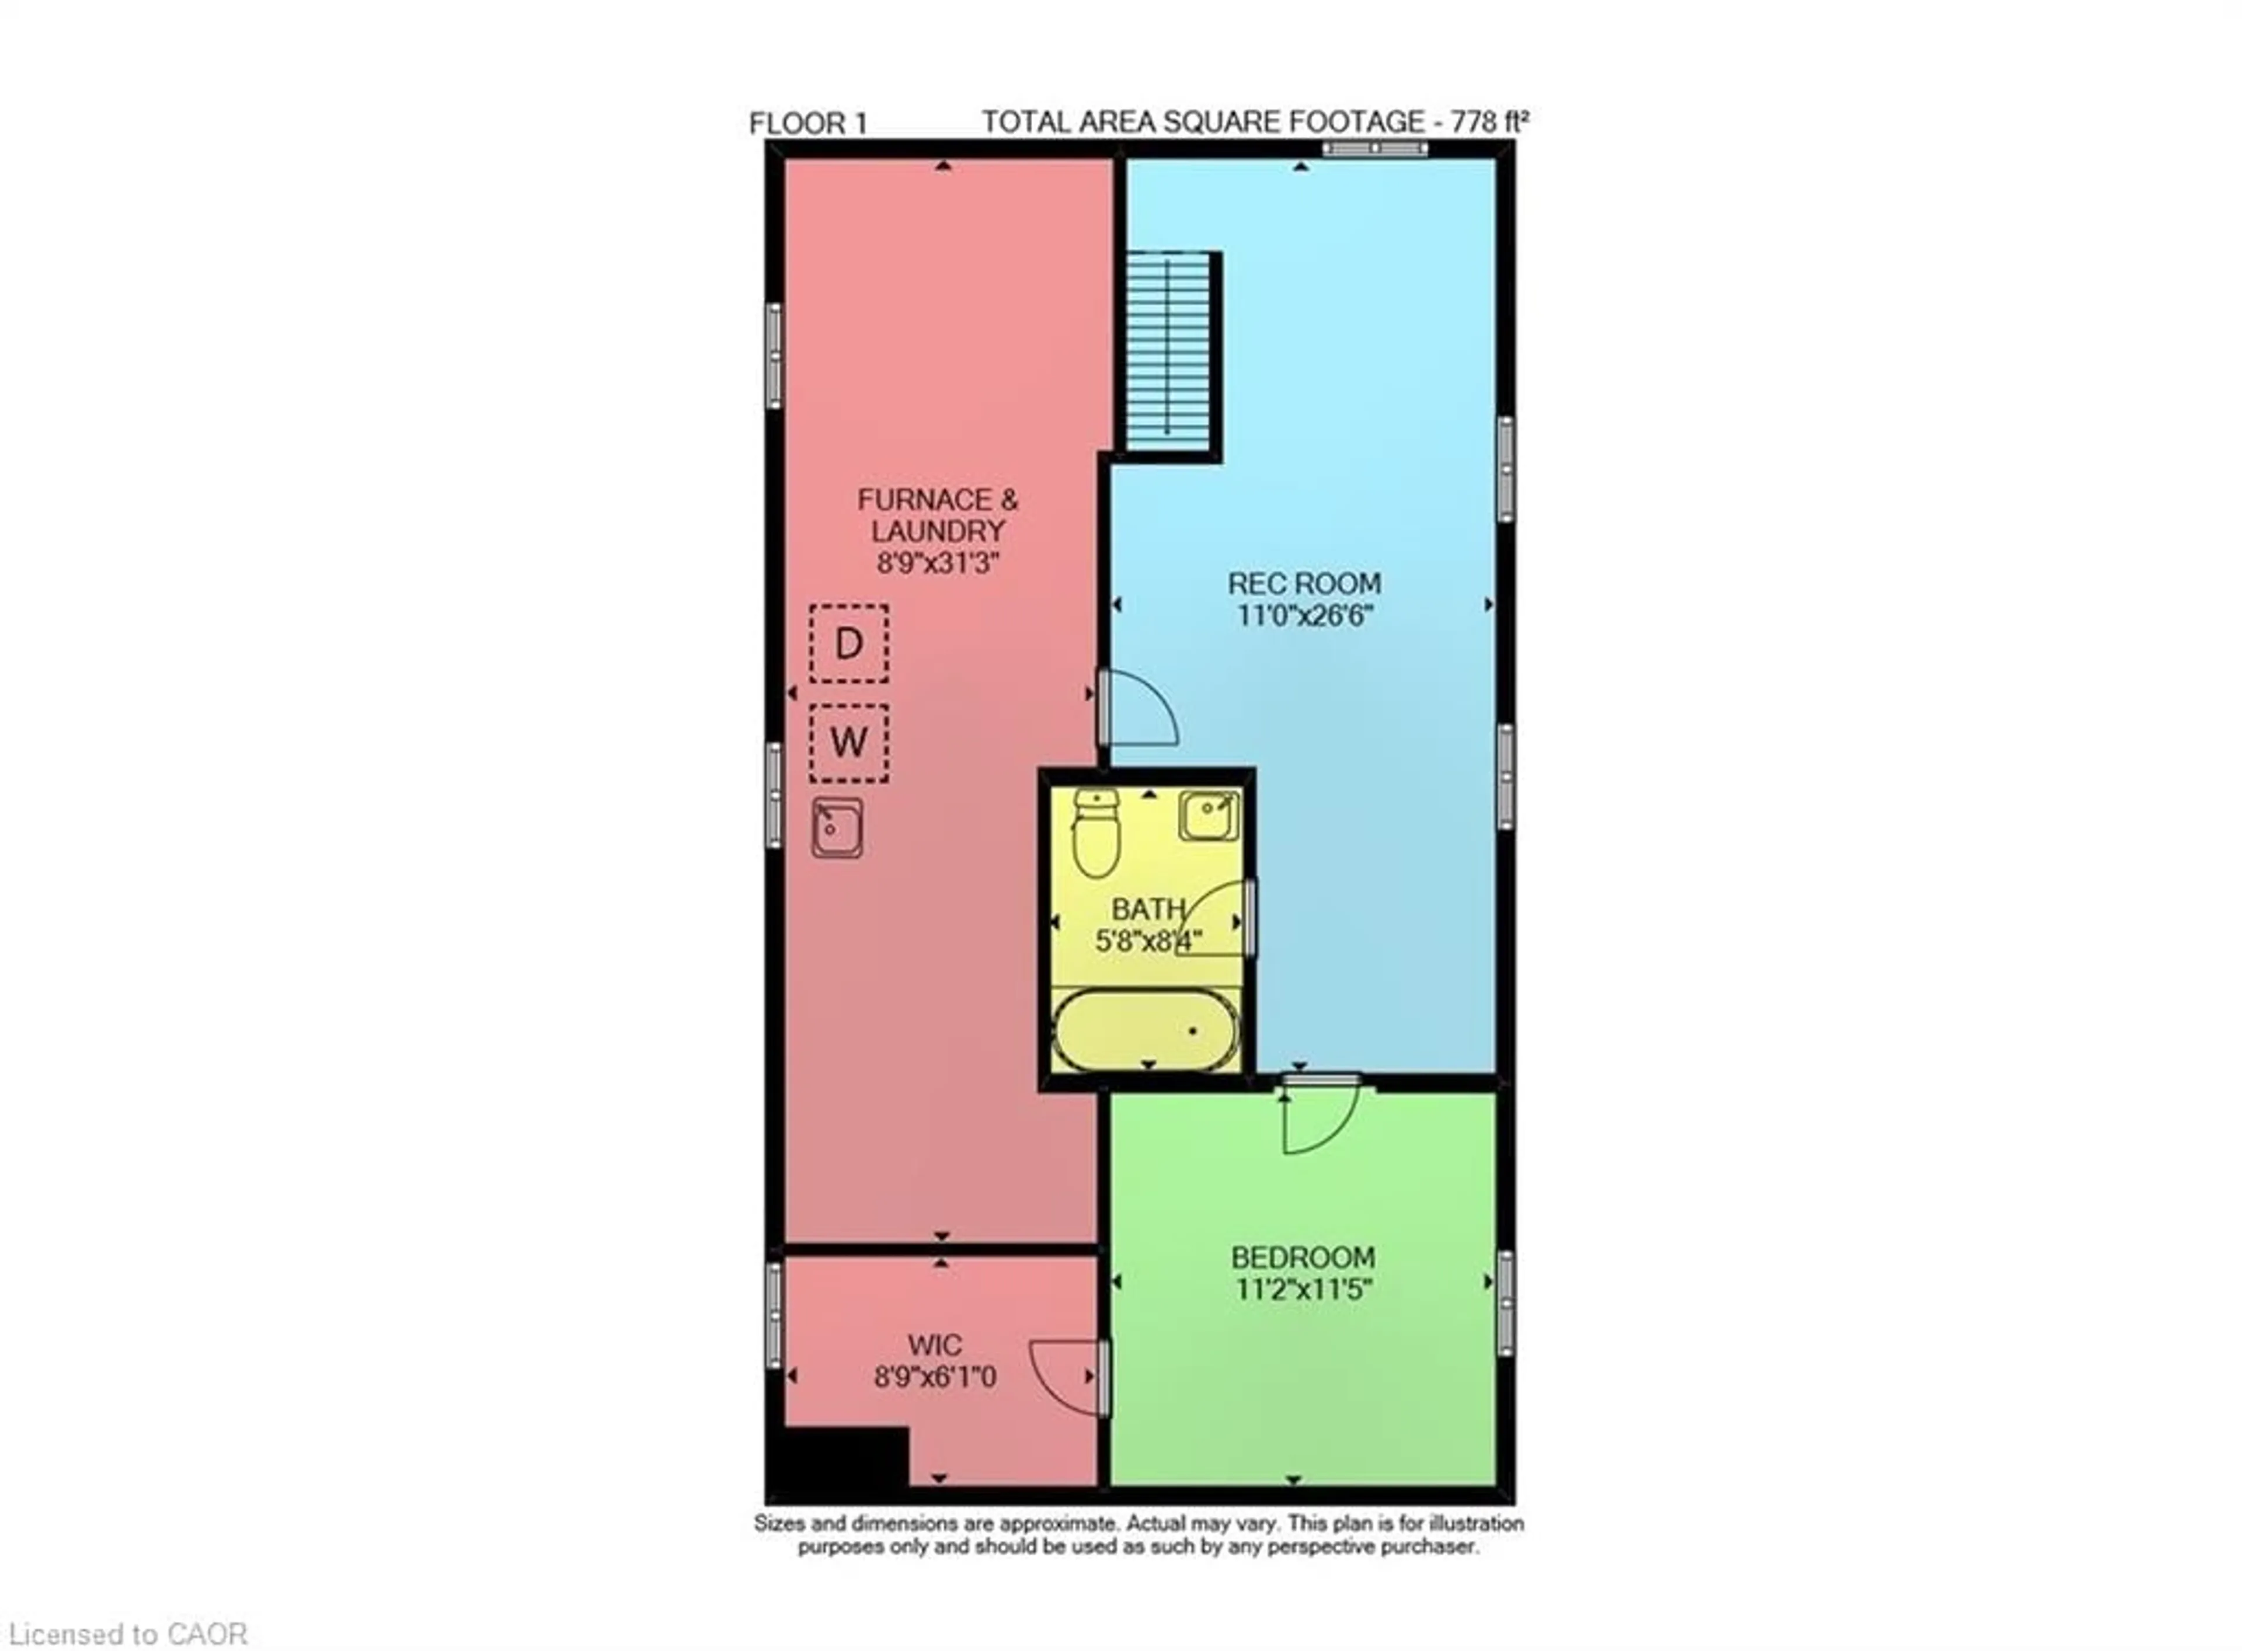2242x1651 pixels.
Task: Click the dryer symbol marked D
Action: (848, 643)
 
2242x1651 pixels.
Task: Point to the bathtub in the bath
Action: (1146, 1029)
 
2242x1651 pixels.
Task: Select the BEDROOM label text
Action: (1303, 1258)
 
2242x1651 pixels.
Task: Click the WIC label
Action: (935, 1345)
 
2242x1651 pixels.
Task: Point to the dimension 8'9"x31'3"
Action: (938, 563)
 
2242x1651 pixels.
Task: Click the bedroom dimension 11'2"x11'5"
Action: (1303, 1289)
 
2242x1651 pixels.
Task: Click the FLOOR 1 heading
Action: (807, 124)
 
